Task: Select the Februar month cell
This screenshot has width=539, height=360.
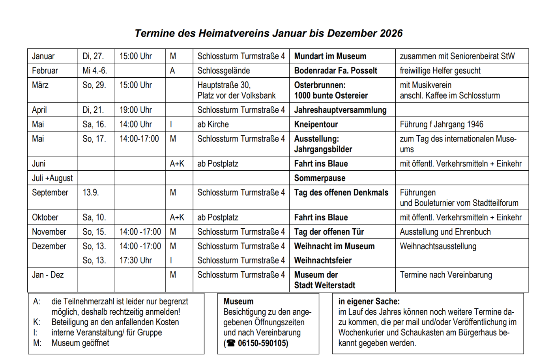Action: (45, 71)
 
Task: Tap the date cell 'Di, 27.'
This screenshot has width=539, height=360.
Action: (93, 56)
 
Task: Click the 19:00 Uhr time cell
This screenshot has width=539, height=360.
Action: (136, 110)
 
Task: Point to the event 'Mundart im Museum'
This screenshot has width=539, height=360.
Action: (330, 56)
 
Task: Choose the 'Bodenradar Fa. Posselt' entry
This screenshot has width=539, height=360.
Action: (336, 71)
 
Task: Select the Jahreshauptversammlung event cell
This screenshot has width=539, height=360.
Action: (341, 110)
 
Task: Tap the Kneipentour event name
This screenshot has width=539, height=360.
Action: (316, 125)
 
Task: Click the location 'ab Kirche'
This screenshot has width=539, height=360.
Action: (213, 125)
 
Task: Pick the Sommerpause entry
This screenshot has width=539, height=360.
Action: (320, 178)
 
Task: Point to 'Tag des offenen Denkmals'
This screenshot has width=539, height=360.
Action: (341, 192)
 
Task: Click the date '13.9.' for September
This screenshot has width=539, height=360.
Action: (91, 192)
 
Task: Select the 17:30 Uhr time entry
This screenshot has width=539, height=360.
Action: (136, 260)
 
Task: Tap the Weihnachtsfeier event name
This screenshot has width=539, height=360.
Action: (323, 260)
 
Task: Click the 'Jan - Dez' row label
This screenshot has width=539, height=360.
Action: (48, 275)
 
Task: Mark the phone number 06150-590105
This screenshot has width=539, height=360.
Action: (263, 343)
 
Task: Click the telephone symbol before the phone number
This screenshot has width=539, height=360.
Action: (231, 343)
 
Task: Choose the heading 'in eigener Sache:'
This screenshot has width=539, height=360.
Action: (369, 301)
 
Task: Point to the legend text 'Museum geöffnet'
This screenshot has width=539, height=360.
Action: (80, 343)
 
